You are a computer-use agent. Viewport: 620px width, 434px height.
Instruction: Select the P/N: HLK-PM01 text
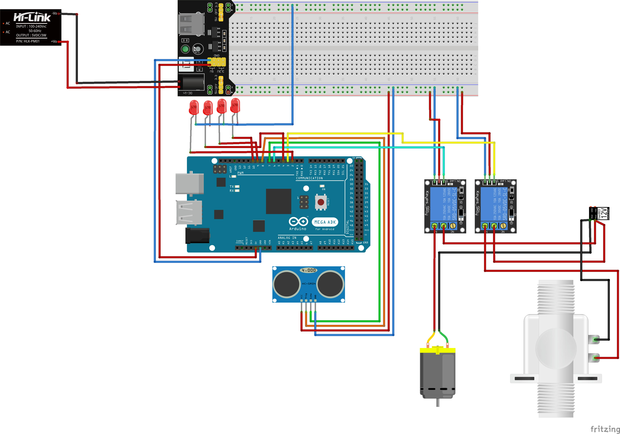(28, 41)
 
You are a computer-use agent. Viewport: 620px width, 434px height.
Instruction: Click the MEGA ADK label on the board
(325, 222)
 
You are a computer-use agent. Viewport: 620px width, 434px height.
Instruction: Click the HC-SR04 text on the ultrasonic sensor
(309, 284)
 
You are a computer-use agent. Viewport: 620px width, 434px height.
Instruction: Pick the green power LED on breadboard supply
(185, 49)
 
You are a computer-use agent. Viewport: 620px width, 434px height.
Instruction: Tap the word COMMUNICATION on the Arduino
(309, 178)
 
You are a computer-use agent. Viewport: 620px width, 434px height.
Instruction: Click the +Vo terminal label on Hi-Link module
(54, 41)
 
